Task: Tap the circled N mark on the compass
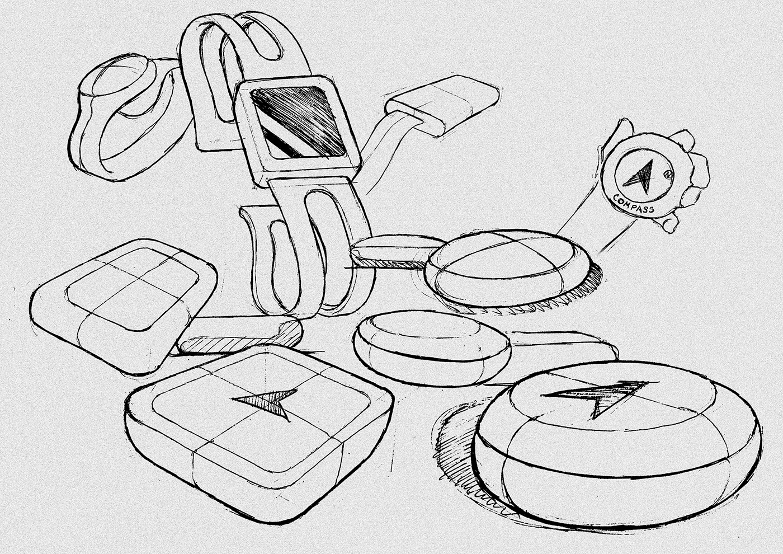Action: click(667, 175)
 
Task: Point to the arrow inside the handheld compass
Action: click(641, 174)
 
